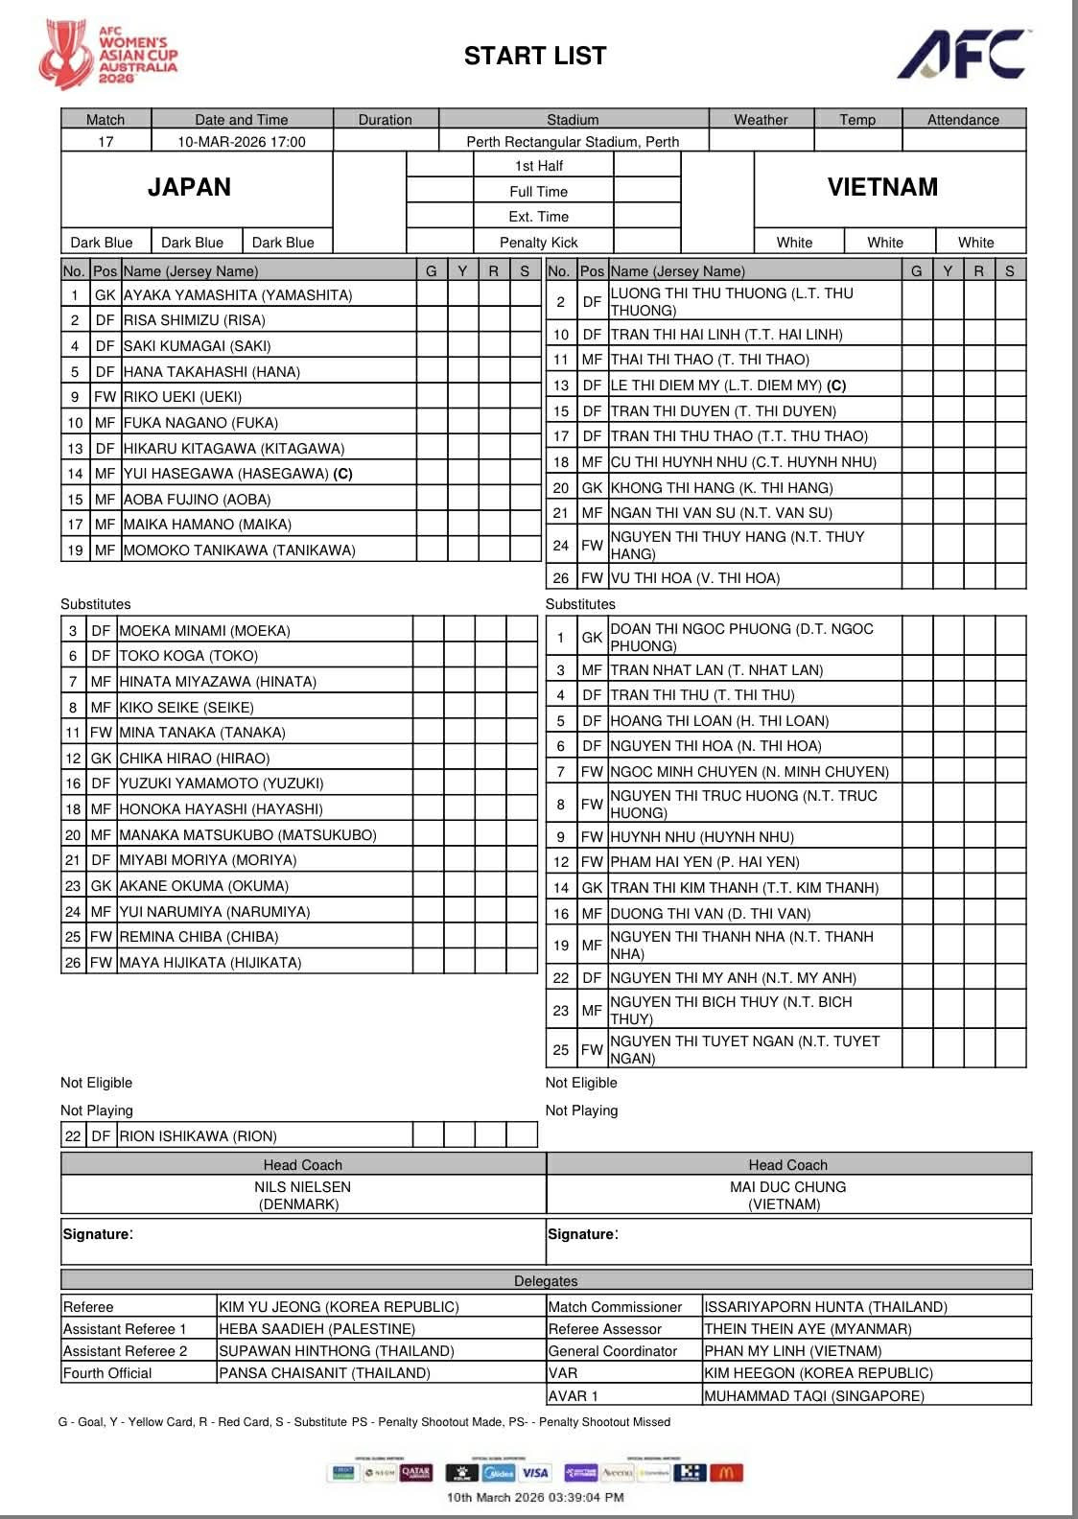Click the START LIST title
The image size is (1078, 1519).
pyautogui.click(x=535, y=56)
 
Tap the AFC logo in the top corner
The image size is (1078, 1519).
pyautogui.click(x=963, y=55)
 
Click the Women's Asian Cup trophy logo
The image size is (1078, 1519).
pyautogui.click(x=63, y=54)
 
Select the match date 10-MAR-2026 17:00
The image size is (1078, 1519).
pyautogui.click(x=242, y=142)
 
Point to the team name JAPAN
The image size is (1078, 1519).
pyautogui.click(x=189, y=187)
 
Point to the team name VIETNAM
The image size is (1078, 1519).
pyautogui.click(x=882, y=187)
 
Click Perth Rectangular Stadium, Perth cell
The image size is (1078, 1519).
pyautogui.click(x=573, y=142)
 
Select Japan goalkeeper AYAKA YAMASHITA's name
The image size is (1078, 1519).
pyautogui.click(x=238, y=295)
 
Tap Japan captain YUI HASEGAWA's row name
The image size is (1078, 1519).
pyautogui.click(x=238, y=474)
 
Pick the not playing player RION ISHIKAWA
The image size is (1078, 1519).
pyautogui.click(x=199, y=1136)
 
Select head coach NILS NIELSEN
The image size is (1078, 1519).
pyautogui.click(x=303, y=1187)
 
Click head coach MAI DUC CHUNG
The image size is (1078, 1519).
pyautogui.click(x=787, y=1187)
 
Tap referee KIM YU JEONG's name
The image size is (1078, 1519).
pyautogui.click(x=339, y=1307)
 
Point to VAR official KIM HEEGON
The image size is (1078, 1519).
pyautogui.click(x=818, y=1373)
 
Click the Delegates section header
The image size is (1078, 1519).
pyautogui.click(x=546, y=1281)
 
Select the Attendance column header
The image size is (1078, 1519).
pyautogui.click(x=963, y=120)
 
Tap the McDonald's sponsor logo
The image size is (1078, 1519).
pyautogui.click(x=726, y=1473)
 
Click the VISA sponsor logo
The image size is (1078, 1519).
pyautogui.click(x=535, y=1473)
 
